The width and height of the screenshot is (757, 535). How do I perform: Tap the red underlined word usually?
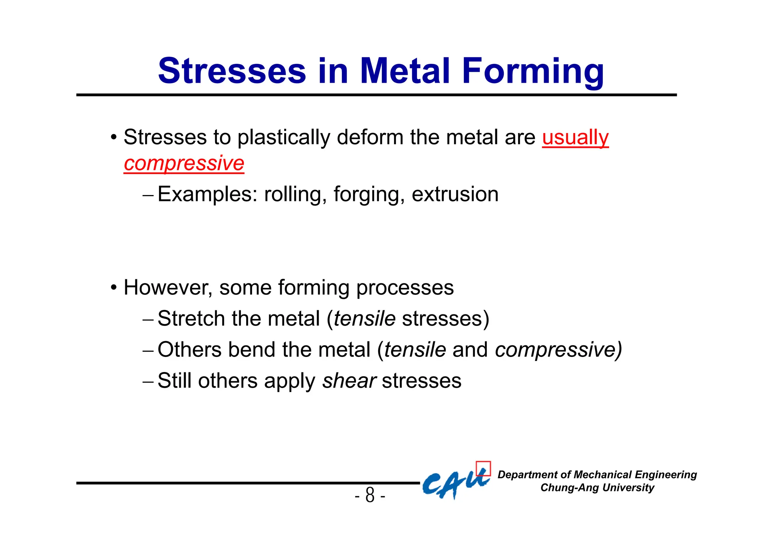coord(575,137)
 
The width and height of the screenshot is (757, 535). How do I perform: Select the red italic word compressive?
coord(184,163)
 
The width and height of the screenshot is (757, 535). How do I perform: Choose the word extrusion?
coord(455,194)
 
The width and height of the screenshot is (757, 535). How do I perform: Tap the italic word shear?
coord(349,381)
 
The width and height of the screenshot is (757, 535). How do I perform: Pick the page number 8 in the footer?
coord(370,495)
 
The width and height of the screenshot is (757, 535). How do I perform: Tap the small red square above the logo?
coord(483,468)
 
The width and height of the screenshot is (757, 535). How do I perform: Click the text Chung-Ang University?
coord(597,488)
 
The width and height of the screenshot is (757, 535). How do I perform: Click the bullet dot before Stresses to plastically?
coord(114,138)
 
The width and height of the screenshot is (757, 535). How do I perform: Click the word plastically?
coord(284,137)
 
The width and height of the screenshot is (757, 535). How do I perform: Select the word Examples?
coord(207,194)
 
